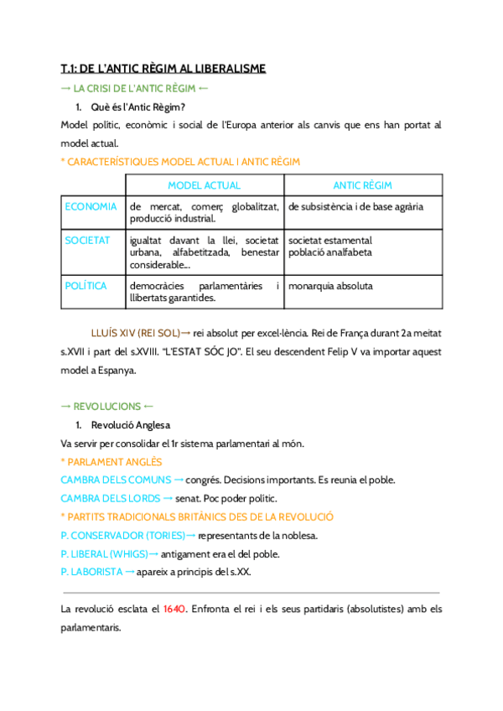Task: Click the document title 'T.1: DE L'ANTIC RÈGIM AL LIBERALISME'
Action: pos(163,69)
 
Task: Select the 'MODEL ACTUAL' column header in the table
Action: pos(204,185)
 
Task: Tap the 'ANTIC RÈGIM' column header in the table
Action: pos(362,185)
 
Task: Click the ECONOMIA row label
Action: pos(91,206)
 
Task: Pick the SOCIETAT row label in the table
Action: pos(87,241)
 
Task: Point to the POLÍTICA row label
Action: pos(86,286)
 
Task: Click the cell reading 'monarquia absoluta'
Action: pos(330,286)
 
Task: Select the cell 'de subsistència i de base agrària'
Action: pos(355,206)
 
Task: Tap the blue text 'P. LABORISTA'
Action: pos(91,572)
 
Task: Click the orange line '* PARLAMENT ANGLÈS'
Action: pos(111,461)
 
